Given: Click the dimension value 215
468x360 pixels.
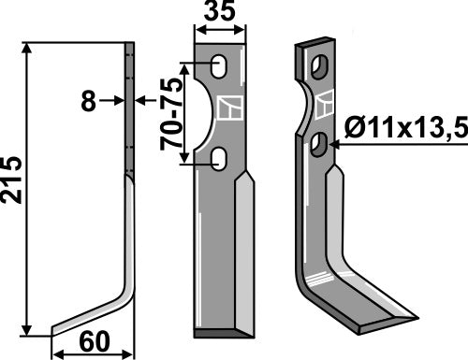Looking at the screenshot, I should pyautogui.click(x=13, y=188).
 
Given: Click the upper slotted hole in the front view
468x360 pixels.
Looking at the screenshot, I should pyautogui.click(x=218, y=67).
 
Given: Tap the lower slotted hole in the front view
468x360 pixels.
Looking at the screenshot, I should pyautogui.click(x=218, y=160).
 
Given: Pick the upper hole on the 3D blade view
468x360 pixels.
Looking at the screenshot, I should pyautogui.click(x=320, y=68).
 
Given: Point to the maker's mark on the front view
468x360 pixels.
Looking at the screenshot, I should pyautogui.click(x=227, y=109).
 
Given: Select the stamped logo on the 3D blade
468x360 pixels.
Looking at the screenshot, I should pyautogui.click(x=325, y=104).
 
